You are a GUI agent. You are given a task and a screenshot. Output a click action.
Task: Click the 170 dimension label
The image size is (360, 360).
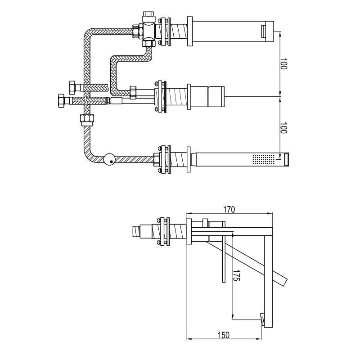point(229,210)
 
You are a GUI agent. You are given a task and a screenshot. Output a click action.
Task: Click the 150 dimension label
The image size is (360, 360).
point(224,335)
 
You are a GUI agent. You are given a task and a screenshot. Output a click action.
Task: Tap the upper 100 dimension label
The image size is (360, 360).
point(284,64)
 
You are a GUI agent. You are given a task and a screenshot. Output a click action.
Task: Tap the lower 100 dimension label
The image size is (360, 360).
point(284,128)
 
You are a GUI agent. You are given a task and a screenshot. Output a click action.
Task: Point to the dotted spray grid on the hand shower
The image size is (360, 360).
point(264,159)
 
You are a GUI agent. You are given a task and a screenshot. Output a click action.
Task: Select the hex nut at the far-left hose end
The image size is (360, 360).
point(62,100)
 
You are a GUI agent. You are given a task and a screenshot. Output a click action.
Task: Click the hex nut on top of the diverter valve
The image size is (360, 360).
point(149,17)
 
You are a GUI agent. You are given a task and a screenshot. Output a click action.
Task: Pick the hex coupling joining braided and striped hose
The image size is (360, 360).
point(87,120)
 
